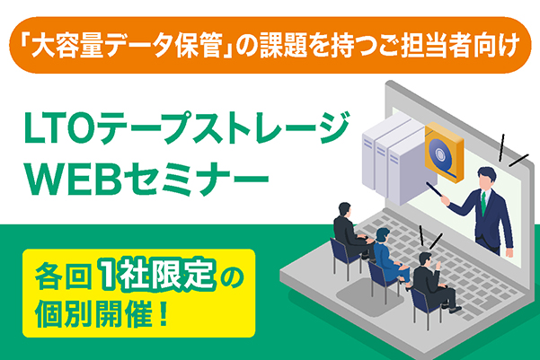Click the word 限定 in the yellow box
click(182, 276)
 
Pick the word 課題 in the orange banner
click(283, 46)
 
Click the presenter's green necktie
click(484, 203)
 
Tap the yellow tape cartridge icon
click(444, 153)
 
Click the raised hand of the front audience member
click(438, 266)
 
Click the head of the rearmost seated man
click(344, 209)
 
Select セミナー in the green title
click(196, 179)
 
